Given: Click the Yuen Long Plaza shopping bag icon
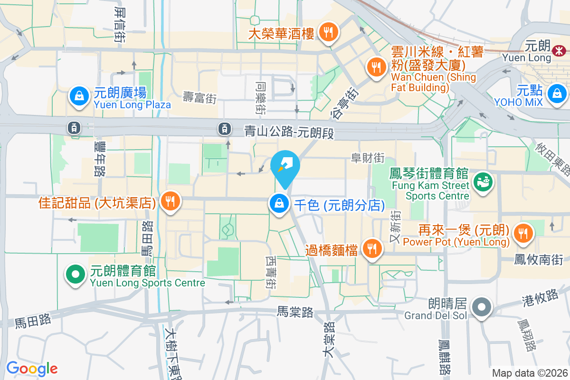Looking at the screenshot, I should (79, 96).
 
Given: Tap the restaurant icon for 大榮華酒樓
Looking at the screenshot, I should (327, 33).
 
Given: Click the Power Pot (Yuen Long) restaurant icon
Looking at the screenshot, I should (523, 233).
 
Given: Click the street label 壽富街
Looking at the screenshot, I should (200, 98).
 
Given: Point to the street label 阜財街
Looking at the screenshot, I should (367, 157).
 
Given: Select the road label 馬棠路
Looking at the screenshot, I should (295, 312).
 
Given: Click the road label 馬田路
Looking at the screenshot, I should (33, 322).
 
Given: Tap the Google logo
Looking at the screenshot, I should (32, 369).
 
